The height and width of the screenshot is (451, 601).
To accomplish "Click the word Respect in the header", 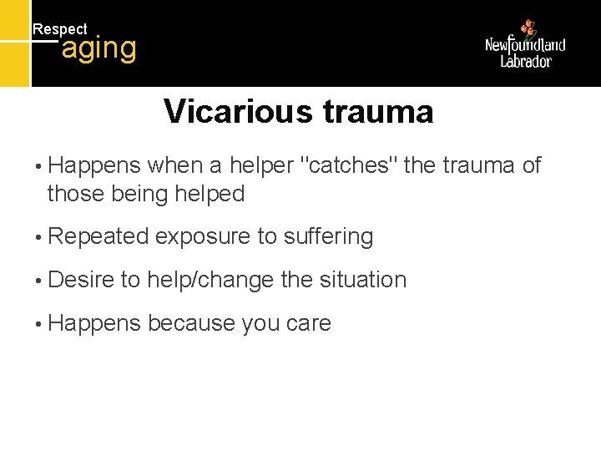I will pyautogui.click(x=59, y=29).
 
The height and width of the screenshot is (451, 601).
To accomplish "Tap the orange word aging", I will pyautogui.click(x=98, y=48).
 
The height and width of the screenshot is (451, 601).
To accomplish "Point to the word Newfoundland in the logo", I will pyautogui.click(x=525, y=45).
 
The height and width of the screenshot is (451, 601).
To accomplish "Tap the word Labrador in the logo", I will pyautogui.click(x=526, y=61).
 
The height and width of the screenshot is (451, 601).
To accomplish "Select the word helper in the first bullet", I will pyautogui.click(x=260, y=166).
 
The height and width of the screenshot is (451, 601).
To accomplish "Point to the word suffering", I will pyautogui.click(x=328, y=237).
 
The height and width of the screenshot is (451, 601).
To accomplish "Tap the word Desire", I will pyautogui.click(x=81, y=280).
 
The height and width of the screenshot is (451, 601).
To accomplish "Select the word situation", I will pyautogui.click(x=361, y=280).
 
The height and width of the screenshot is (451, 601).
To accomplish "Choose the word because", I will pyautogui.click(x=191, y=323).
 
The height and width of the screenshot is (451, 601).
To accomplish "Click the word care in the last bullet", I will pyautogui.click(x=308, y=324).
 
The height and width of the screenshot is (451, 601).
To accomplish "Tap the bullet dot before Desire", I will pyautogui.click(x=38, y=281).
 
